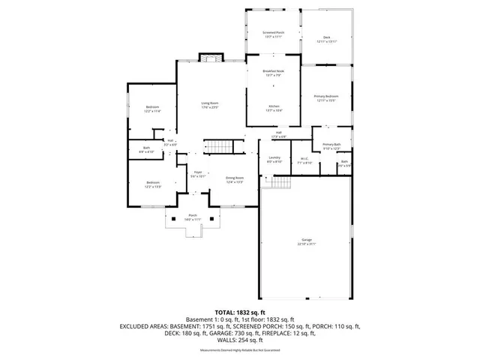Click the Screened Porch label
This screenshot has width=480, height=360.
coord(272,34)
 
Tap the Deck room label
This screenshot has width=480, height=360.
coord(326,39)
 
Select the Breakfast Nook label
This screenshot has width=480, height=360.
coord(273,73)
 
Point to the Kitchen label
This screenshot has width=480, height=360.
coord(274,109)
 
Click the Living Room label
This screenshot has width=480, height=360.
coord(209,105)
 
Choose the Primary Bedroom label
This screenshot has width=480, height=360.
coord(325,98)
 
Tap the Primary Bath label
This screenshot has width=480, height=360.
coord(331,146)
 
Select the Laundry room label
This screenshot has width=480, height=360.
coord(274,160)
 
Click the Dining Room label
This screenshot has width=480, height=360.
coord(235,180)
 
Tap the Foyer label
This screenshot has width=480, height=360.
coord(199,175)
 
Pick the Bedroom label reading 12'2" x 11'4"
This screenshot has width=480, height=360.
coord(153,109)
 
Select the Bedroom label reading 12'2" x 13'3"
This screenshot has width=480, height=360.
coord(153,184)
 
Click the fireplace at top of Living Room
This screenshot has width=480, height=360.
coord(209,58)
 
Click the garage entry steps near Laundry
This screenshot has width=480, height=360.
coord(280,183)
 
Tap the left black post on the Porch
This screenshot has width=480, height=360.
coord(175,219)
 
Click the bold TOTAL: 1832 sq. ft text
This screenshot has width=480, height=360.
coord(240,312)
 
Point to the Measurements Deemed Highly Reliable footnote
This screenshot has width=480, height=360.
coord(240,350)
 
